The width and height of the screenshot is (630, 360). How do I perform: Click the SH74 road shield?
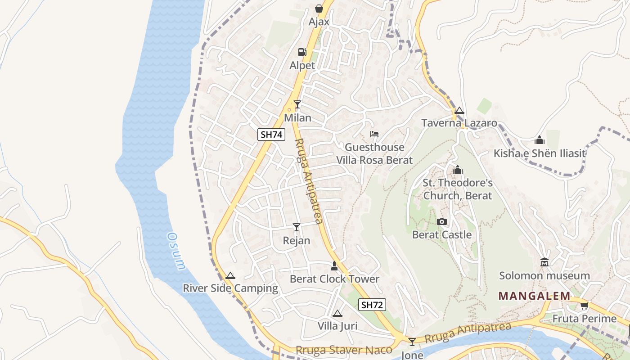click(x=271, y=134)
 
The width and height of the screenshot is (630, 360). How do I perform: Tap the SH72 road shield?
click(x=372, y=305)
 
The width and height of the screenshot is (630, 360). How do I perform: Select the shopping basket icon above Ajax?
click(x=319, y=9)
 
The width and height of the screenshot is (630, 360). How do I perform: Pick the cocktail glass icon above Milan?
click(x=297, y=104)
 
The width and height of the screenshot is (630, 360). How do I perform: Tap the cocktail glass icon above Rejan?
click(x=296, y=227)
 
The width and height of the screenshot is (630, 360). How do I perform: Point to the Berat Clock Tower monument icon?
click(x=334, y=265)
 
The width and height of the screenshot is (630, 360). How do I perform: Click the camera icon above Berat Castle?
click(x=442, y=221)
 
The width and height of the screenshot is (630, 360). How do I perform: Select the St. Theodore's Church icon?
click(x=458, y=170)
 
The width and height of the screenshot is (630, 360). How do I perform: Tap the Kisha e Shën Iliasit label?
click(x=540, y=153)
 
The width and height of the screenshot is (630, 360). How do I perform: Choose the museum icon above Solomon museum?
click(x=544, y=262)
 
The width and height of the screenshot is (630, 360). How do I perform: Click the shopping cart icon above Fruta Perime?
click(x=584, y=306)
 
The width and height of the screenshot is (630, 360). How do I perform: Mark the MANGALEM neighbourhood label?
click(x=534, y=296)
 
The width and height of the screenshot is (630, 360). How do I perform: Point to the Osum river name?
click(x=176, y=251)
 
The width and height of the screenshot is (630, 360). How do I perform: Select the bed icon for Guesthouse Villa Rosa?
click(x=374, y=134)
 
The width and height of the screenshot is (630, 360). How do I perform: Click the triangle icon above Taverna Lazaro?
click(x=459, y=110)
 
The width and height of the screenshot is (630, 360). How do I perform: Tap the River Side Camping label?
click(x=230, y=288)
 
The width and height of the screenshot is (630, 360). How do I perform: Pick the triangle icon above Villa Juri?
click(x=337, y=313)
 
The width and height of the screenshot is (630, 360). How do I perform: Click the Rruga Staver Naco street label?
click(x=344, y=350)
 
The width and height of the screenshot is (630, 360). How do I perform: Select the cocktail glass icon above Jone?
click(x=412, y=342)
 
